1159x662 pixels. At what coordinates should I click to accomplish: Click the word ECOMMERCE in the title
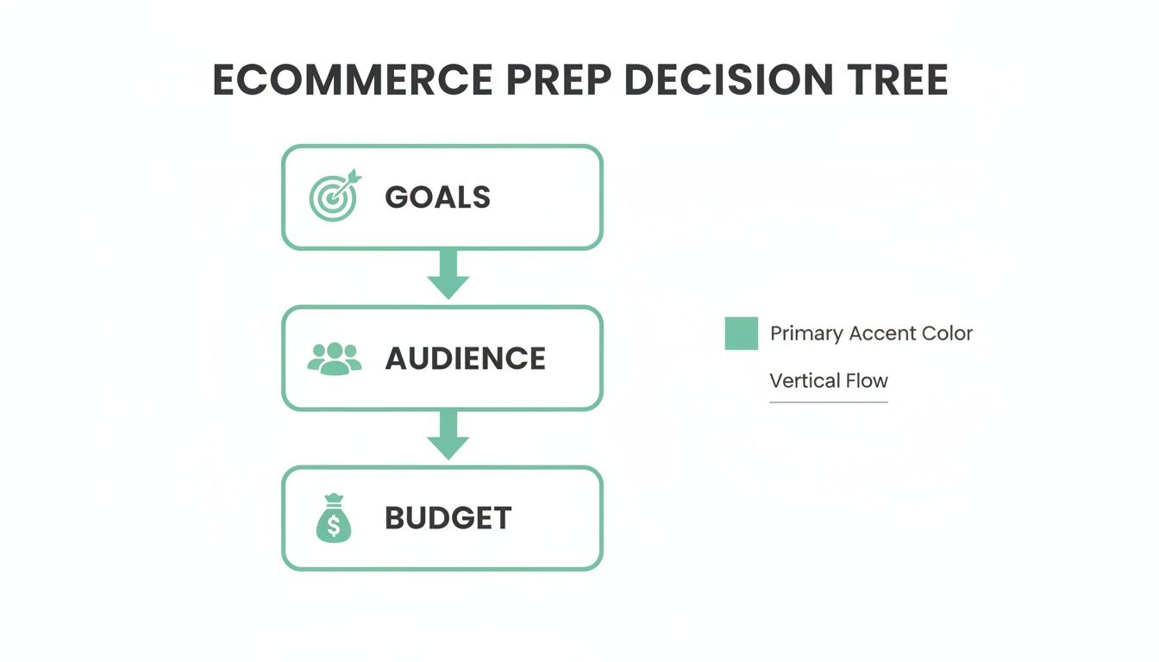point(353,80)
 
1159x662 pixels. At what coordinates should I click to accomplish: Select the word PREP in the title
point(559,80)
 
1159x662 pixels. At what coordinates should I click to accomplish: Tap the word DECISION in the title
point(729,80)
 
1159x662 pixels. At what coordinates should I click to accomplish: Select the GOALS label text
point(437,197)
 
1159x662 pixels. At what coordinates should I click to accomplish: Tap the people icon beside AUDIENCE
point(334,359)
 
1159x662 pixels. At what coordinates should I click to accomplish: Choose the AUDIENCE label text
point(465,359)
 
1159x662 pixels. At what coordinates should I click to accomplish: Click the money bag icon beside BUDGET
point(334,519)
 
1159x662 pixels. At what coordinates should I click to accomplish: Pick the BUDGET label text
point(448,519)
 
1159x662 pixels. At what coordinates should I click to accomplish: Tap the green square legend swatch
point(741,334)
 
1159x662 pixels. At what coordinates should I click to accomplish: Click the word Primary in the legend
point(805,334)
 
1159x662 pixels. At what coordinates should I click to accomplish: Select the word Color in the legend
point(947,334)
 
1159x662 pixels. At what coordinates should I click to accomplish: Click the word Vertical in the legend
point(802,380)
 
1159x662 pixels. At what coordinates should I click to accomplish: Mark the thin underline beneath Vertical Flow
point(828,402)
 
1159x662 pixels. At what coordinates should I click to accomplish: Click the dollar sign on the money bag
point(334,525)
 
